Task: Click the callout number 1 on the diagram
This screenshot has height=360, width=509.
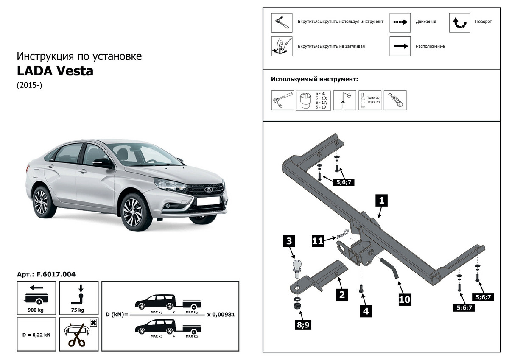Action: (x=381, y=200)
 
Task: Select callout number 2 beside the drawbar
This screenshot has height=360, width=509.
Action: (x=341, y=294)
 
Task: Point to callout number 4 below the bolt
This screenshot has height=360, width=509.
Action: (x=365, y=311)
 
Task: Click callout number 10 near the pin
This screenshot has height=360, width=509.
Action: (x=405, y=299)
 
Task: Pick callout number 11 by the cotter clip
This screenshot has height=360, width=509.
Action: (x=318, y=240)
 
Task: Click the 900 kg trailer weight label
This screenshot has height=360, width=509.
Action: (x=36, y=310)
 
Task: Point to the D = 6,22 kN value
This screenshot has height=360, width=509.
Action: (x=36, y=335)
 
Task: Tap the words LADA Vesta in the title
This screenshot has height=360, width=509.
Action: (x=55, y=71)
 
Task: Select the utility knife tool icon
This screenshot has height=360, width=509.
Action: (x=395, y=100)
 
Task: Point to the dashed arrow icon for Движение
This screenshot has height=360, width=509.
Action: (x=400, y=22)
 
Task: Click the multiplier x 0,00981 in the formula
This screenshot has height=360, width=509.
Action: (x=221, y=315)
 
